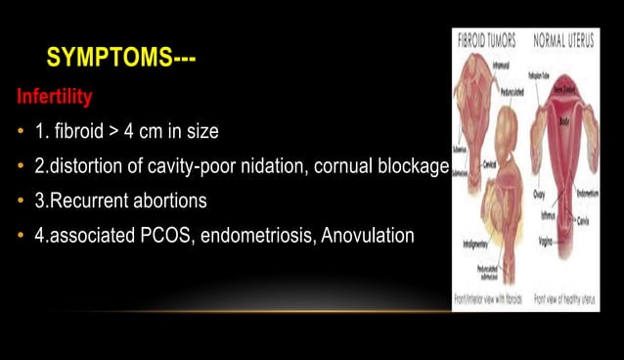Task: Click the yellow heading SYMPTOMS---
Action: pyautogui.click(x=121, y=60)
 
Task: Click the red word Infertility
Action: pyautogui.click(x=54, y=98)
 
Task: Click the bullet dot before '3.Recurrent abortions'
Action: pyautogui.click(x=21, y=202)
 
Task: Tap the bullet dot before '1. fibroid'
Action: pyautogui.click(x=21, y=131)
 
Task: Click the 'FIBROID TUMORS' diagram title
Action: pyautogui.click(x=487, y=42)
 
